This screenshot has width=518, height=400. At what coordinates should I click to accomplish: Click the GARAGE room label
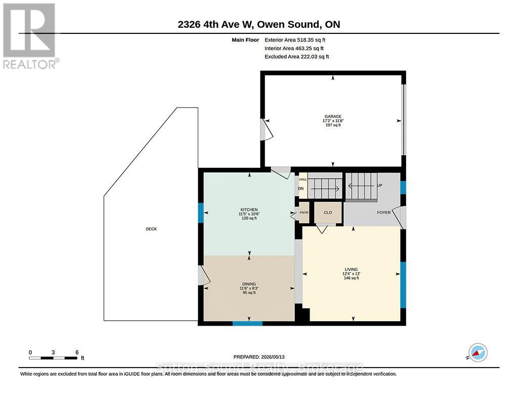pos(333,116)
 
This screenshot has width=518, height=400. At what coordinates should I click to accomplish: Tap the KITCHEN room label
pos(249,209)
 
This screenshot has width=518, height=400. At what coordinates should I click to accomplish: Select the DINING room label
pos(249,284)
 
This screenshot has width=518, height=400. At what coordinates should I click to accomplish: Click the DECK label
pos(151,229)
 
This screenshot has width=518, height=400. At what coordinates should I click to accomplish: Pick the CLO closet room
pos(328,212)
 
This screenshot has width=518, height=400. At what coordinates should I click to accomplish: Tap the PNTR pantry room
pos(304,212)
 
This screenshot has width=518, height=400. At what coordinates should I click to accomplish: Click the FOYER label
pos(384,212)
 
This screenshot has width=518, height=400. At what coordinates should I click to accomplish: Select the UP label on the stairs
pos(379,185)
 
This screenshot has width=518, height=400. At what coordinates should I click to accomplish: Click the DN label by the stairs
pos(300,189)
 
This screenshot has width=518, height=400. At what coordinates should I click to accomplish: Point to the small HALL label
pos(303,180)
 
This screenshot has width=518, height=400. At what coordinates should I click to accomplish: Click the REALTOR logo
pos(30,36)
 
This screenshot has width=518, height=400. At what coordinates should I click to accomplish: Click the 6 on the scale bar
pos(77,352)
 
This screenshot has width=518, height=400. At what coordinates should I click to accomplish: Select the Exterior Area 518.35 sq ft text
pos(295,39)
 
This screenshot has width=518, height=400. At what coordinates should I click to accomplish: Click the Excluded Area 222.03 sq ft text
pos(296,57)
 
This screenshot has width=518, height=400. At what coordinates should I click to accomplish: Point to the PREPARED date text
pos(259,357)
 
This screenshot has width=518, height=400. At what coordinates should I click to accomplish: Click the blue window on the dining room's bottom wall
pos(247,323)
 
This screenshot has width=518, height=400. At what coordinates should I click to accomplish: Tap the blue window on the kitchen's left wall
pos(200,213)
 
